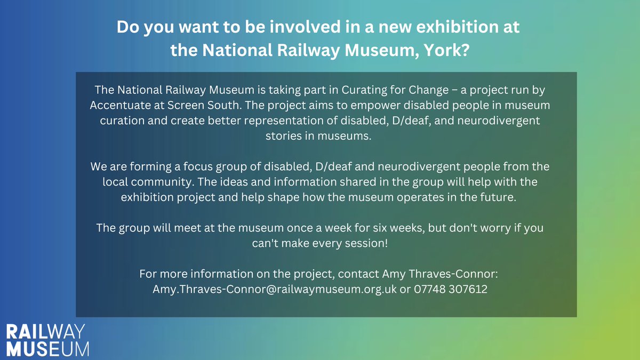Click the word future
pyautogui.click(x=494, y=197)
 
